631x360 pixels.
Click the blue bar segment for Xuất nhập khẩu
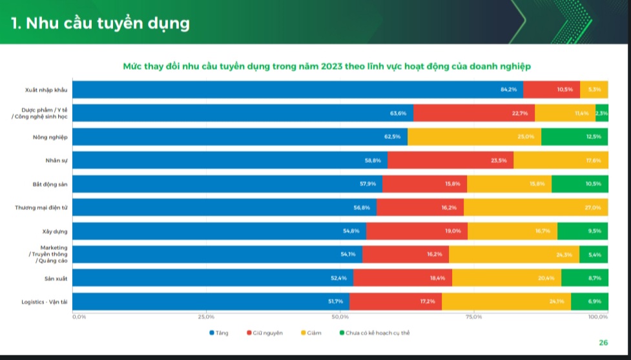click(297, 89)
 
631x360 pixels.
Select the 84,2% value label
click(509, 89)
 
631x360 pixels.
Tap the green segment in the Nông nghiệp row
click(575, 136)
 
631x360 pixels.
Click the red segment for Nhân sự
click(450, 160)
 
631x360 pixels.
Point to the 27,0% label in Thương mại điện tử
click(593, 207)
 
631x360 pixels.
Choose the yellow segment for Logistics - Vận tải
click(506, 301)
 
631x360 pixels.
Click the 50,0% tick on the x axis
click(340, 317)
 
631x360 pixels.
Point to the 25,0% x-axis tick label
click(206, 317)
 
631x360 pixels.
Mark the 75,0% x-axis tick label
click(474, 317)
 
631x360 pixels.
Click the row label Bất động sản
click(50, 184)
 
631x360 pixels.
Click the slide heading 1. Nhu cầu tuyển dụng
click(100, 23)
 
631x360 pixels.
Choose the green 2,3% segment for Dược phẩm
click(602, 113)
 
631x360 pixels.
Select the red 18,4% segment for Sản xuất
click(402, 278)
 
